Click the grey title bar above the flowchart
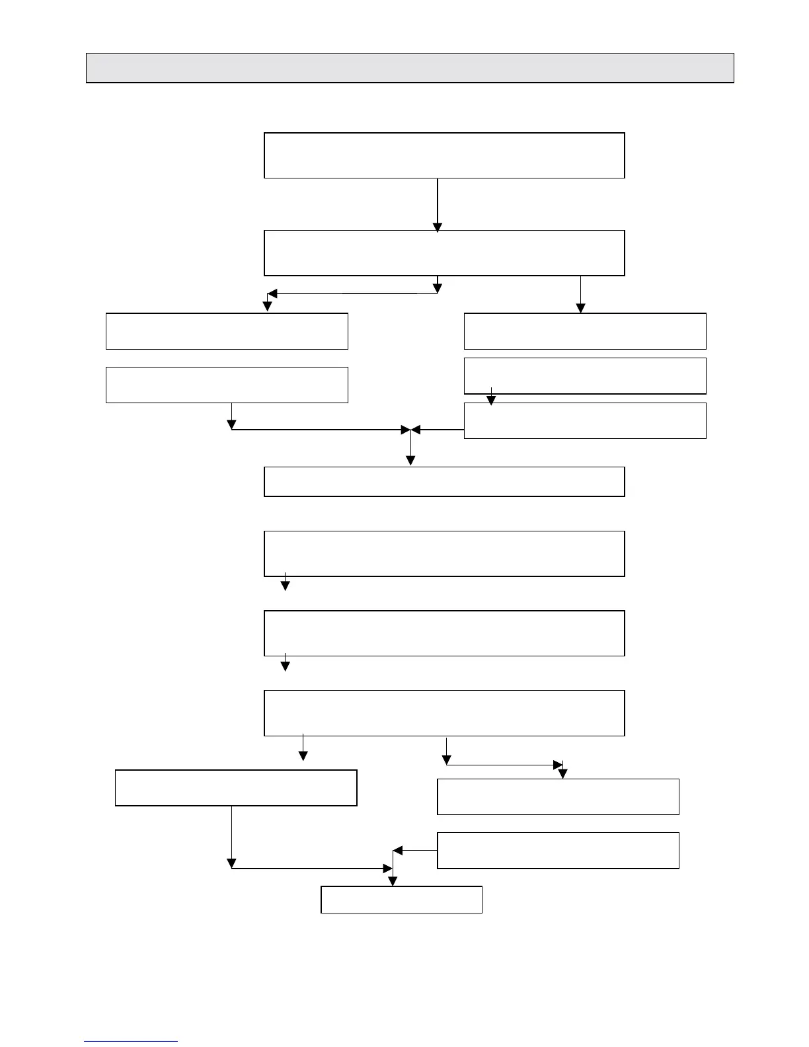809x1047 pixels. pyautogui.click(x=410, y=67)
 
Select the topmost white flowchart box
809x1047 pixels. pyautogui.click(x=444, y=155)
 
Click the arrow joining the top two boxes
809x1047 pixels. pyautogui.click(x=438, y=204)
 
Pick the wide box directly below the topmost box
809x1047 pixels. pyautogui.click(x=444, y=252)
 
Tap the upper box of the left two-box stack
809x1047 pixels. pyautogui.click(x=227, y=331)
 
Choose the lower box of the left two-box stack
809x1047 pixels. pyautogui.click(x=227, y=385)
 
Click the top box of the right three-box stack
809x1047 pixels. pyautogui.click(x=585, y=331)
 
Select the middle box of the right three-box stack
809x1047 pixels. pyautogui.click(x=585, y=375)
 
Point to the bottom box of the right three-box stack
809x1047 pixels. pyautogui.click(x=585, y=420)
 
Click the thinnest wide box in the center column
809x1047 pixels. pyautogui.click(x=444, y=481)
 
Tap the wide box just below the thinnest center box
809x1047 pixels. pyautogui.click(x=444, y=553)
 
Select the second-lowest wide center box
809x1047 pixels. pyautogui.click(x=444, y=633)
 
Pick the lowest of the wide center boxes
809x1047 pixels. pyautogui.click(x=444, y=713)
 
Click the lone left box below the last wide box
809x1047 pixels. pyautogui.click(x=236, y=787)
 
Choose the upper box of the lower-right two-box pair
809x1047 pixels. pyautogui.click(x=558, y=796)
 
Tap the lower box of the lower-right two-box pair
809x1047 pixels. pyautogui.click(x=558, y=850)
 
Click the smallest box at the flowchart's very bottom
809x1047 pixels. pyautogui.click(x=401, y=900)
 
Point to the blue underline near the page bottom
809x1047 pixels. pyautogui.click(x=131, y=1042)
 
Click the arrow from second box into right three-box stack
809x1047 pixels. pyautogui.click(x=580, y=294)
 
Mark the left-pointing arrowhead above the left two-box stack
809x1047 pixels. pyautogui.click(x=272, y=294)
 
